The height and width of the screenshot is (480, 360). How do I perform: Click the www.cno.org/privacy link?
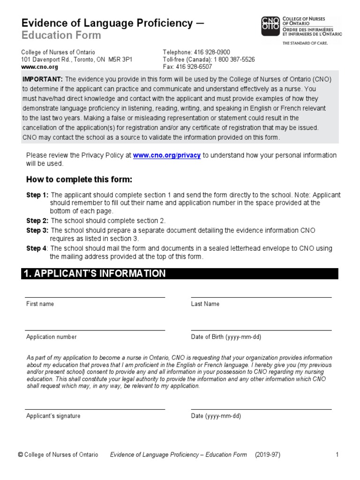pyautogui.click(x=167, y=155)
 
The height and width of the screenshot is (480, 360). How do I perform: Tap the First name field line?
pyautogui.click(x=95, y=297)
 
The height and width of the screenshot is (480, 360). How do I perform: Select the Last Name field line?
pyautogui.click(x=261, y=297)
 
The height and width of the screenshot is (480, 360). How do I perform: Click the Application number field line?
pyautogui.click(x=95, y=330)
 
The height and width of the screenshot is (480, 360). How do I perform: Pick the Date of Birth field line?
pyautogui.click(x=261, y=330)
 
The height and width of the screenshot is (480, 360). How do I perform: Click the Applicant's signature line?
pyautogui.click(x=95, y=409)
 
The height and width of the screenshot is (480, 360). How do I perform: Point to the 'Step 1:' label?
pyautogui.click(x=37, y=195)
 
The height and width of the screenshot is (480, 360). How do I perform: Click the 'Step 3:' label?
pyautogui.click(x=37, y=230)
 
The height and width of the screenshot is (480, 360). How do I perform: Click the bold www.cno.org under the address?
pyautogui.click(x=39, y=67)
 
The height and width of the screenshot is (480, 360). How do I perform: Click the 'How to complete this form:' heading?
pyautogui.click(x=79, y=180)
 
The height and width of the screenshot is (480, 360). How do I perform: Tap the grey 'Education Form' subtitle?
pyautogui.click(x=61, y=36)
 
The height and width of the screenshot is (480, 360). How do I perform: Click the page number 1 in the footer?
pyautogui.click(x=337, y=455)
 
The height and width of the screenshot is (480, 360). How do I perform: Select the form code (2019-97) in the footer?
pyautogui.click(x=268, y=455)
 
